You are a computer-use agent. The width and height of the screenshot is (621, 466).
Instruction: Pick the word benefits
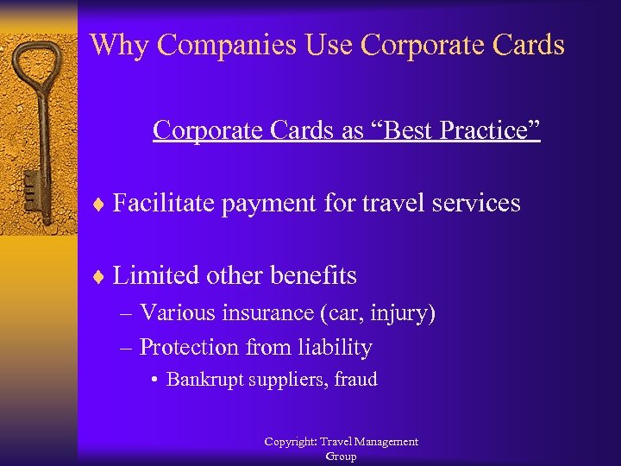pos(312,275)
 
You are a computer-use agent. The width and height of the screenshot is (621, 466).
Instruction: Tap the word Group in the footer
pos(341,457)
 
